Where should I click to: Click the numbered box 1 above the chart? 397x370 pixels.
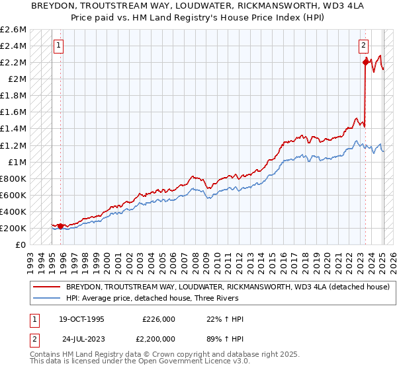pyautogui.click(x=59, y=46)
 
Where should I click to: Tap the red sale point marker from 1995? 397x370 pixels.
pyautogui.click(x=61, y=226)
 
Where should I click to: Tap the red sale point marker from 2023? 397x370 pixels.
pyautogui.click(x=365, y=62)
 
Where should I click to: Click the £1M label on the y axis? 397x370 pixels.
pyautogui.click(x=17, y=162)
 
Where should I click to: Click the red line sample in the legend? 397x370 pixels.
pyautogui.click(x=47, y=287)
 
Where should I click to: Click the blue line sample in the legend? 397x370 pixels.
pyautogui.click(x=47, y=299)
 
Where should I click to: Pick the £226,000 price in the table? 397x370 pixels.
pyautogui.click(x=159, y=320)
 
